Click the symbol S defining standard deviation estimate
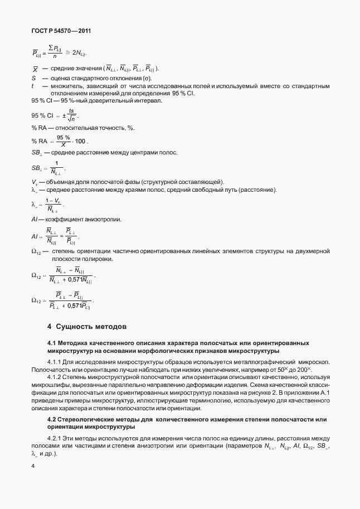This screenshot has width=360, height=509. click(33, 79)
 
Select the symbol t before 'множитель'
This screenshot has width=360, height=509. click(33, 86)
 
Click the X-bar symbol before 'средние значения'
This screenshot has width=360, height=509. click(35, 69)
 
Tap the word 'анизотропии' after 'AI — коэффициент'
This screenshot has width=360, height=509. click(102, 220)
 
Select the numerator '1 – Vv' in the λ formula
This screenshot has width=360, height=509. click(53, 200)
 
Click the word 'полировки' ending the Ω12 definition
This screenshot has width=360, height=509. click(98, 259)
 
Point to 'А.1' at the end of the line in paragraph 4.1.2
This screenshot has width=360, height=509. click(324, 393)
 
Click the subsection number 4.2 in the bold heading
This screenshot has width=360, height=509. click(52, 419)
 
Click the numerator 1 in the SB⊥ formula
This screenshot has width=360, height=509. click(56, 162)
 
